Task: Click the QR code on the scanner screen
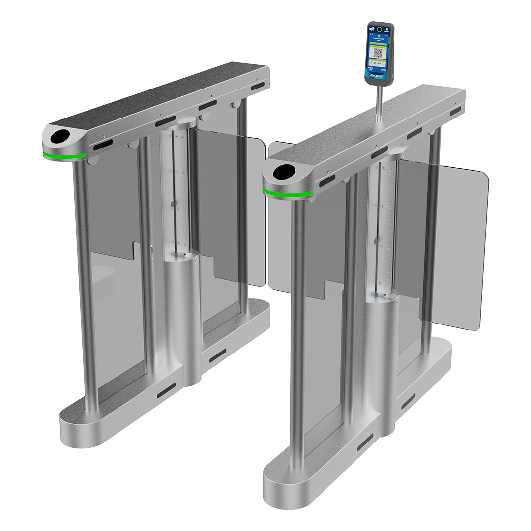tap(378, 53)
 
